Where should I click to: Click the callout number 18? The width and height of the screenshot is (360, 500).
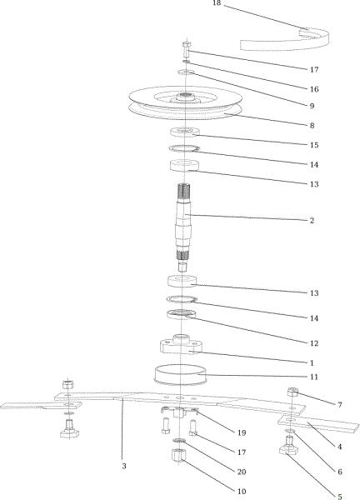[217, 2]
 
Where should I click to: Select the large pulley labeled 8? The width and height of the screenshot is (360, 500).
[185, 102]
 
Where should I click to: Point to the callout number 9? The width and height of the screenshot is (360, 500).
[312, 106]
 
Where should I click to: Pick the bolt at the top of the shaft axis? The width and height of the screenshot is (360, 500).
[186, 49]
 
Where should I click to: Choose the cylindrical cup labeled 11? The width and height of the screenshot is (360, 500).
[181, 375]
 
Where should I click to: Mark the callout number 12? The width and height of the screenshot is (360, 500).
[314, 343]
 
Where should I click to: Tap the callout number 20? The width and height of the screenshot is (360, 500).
[242, 472]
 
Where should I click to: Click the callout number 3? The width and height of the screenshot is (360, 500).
[124, 466]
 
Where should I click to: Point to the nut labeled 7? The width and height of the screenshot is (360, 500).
[292, 392]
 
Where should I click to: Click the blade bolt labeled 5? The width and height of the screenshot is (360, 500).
[288, 446]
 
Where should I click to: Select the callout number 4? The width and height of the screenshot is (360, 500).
[340, 447]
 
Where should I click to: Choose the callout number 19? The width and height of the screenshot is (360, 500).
[242, 432]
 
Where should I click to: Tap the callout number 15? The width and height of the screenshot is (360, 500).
[314, 145]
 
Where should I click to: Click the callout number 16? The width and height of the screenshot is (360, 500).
[314, 89]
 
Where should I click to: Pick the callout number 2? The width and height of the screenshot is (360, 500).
[312, 220]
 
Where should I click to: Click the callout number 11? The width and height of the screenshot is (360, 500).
[314, 377]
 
